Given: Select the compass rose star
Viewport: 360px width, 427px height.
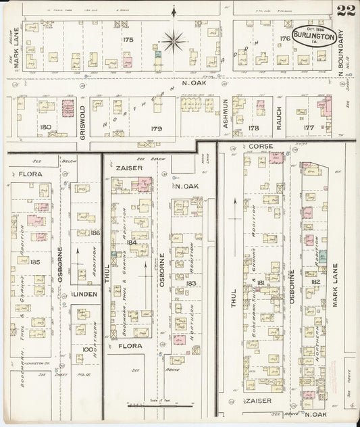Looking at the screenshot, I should [x=174, y=43].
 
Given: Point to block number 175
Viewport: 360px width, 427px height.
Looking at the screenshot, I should [x=128, y=40].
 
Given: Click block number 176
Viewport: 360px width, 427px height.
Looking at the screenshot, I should [x=284, y=39].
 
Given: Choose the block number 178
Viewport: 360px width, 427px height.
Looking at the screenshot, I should [x=255, y=127].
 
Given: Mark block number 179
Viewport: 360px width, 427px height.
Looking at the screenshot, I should [x=157, y=128].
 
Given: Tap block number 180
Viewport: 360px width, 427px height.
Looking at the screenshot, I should [x=45, y=127].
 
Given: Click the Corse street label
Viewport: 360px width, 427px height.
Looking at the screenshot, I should [x=260, y=146].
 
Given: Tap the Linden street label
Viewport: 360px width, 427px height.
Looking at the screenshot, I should [x=86, y=295].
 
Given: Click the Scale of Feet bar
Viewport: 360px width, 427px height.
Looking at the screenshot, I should [x=163, y=403].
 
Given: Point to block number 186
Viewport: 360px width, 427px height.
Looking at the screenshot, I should [x=95, y=232].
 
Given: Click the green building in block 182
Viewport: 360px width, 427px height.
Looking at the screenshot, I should [x=323, y=257].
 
